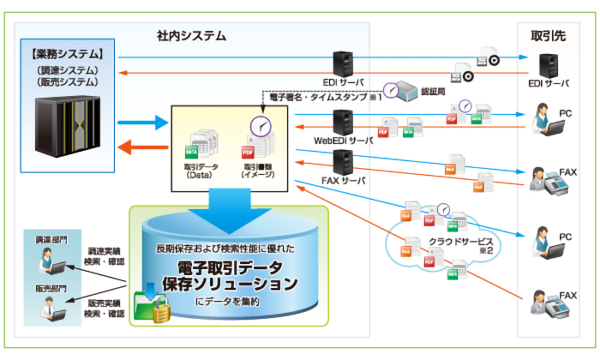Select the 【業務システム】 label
pos(66,56)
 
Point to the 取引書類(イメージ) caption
pos(257,170)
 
